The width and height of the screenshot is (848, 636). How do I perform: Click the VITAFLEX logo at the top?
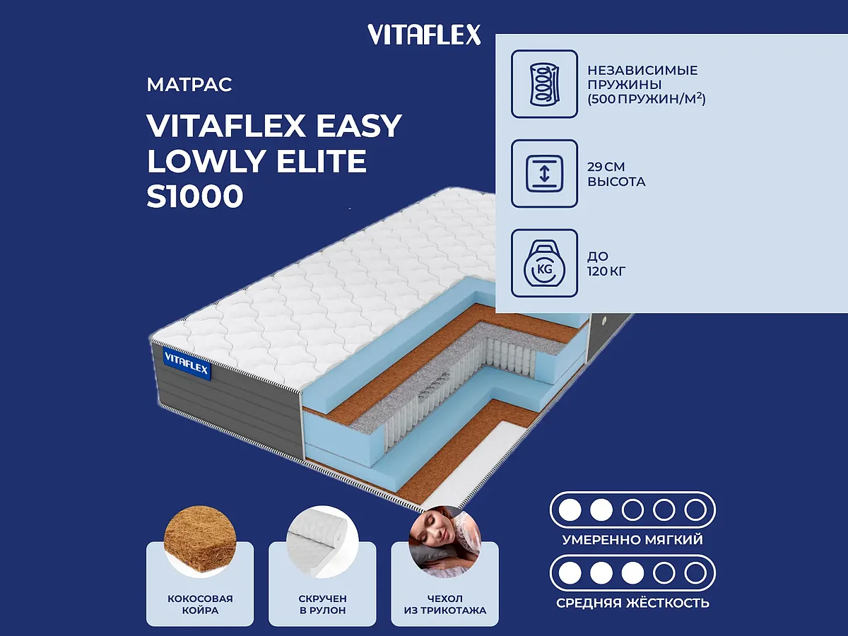tap(424, 35)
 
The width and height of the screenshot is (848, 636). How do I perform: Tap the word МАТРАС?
tap(189, 86)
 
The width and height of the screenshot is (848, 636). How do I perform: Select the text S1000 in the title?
tap(194, 197)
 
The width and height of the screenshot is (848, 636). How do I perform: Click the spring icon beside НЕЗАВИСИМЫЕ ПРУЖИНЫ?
tap(544, 83)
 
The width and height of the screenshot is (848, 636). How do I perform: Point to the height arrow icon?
tap(544, 174)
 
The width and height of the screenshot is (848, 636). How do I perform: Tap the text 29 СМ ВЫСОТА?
tap(616, 174)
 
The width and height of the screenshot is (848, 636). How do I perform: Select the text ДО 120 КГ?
tap(606, 263)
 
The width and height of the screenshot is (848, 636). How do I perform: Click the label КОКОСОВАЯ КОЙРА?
tap(200, 604)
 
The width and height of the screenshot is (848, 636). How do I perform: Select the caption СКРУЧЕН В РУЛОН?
tap(323, 604)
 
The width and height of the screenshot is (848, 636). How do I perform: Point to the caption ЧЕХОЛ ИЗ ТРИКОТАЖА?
tap(444, 604)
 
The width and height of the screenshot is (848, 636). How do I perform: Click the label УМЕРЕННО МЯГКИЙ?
tap(632, 540)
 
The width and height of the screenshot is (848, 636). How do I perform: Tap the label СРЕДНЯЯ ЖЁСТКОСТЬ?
tap(632, 603)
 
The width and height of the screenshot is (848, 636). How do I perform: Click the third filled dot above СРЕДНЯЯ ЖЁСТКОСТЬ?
tap(632, 572)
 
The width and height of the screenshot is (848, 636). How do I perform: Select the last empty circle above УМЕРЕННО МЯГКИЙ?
tap(695, 509)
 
